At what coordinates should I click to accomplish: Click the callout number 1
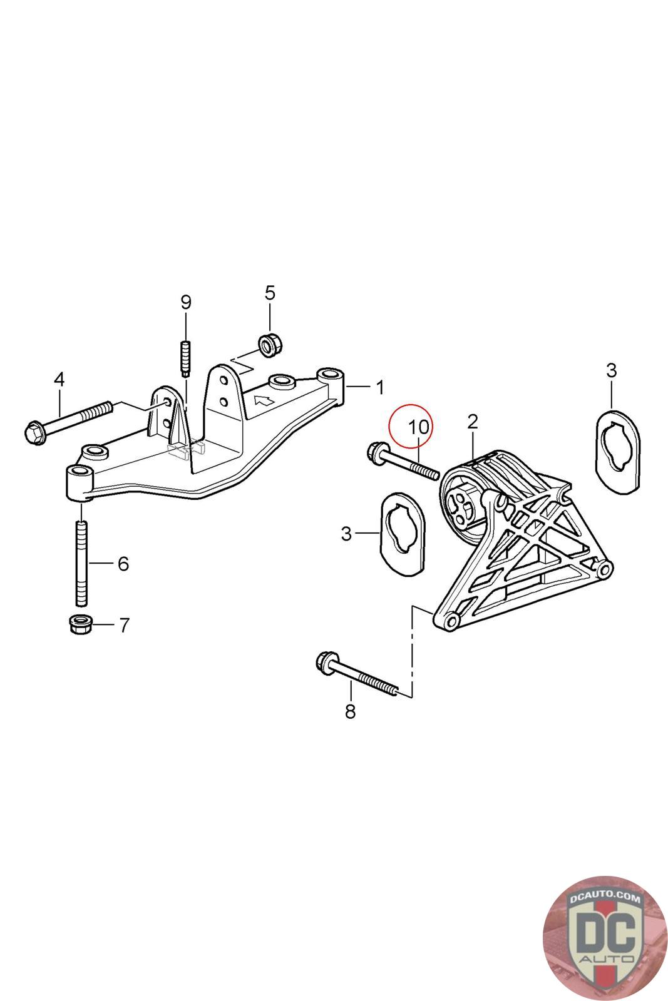click(x=380, y=387)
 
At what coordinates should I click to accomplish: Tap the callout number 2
click(x=473, y=421)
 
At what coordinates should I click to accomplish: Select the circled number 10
click(x=419, y=428)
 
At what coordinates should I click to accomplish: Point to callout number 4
click(x=59, y=379)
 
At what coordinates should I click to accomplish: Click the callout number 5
click(x=270, y=292)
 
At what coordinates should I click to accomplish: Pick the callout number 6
click(x=123, y=564)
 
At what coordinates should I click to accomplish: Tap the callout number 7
click(x=124, y=624)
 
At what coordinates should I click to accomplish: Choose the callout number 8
click(x=350, y=711)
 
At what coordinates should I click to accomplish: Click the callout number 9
click(x=186, y=302)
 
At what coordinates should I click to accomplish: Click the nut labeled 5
click(x=270, y=344)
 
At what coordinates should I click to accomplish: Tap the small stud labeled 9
click(x=186, y=358)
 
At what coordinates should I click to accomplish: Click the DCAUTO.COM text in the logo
click(x=604, y=898)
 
